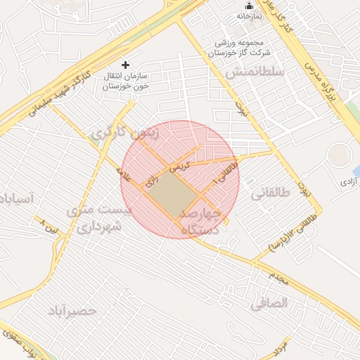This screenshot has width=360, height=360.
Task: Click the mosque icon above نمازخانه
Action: [248, 6]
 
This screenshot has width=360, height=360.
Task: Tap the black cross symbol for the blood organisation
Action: [126, 65]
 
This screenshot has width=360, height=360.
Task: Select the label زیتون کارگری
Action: [125, 131]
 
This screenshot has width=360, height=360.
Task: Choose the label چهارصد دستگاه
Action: [201, 221]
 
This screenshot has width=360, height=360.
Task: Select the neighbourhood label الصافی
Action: [269, 304]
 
